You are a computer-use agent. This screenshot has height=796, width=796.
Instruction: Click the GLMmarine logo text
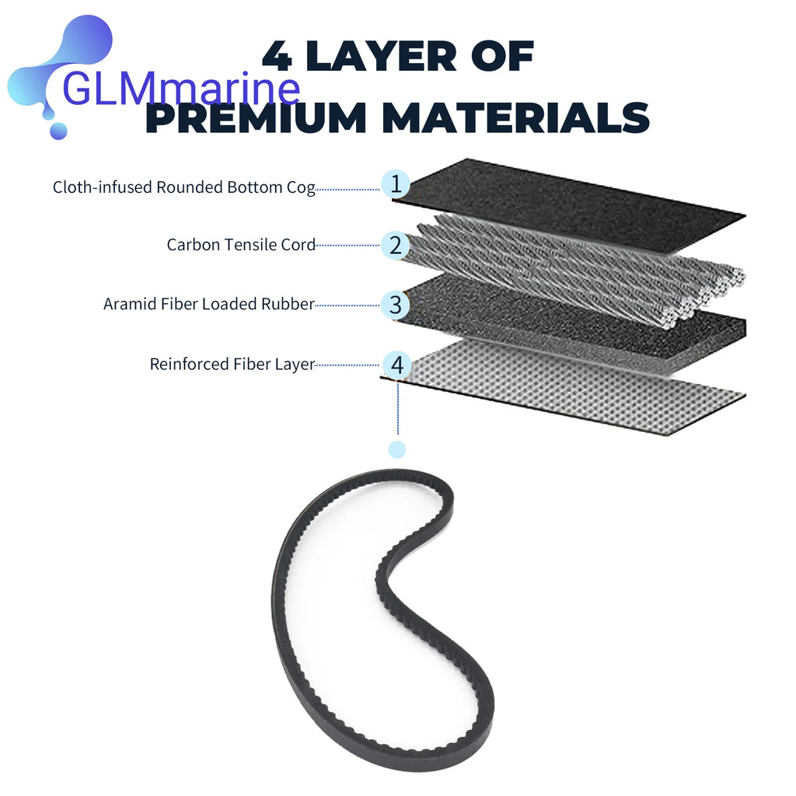181,89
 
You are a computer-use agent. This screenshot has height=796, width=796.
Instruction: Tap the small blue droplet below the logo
58,131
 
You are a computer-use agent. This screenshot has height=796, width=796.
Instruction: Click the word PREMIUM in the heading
256,117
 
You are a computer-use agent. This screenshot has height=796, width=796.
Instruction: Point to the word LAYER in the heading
382,56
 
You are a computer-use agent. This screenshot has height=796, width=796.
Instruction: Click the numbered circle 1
396,183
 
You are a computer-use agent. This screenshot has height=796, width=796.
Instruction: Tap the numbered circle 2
396,245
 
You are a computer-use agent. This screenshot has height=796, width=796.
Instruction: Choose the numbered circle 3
396,305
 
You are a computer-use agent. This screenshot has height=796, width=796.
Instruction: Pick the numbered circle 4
396,365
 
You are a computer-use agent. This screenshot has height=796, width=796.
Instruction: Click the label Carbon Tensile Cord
241,245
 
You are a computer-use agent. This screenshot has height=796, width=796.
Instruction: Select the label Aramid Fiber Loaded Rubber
208,304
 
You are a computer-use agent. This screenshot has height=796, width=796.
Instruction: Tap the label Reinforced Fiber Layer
232,364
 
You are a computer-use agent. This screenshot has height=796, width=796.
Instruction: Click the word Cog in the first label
301,187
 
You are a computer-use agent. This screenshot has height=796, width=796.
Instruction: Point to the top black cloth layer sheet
568,203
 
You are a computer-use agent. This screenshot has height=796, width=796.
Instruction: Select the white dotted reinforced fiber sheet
564,385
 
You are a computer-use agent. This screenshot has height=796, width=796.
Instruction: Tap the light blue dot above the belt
397,449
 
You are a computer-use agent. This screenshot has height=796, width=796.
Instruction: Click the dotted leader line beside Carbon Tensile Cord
347,245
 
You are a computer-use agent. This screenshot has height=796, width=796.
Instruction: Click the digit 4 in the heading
278,56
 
